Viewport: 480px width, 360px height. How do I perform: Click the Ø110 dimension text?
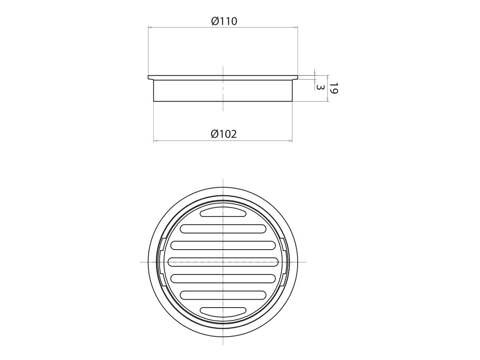coord(224,21)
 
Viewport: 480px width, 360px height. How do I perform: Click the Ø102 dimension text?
coord(224,134)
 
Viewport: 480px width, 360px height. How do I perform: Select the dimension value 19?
coord(334,88)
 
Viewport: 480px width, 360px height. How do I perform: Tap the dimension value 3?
coord(320,87)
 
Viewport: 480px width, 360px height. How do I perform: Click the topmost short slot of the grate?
coord(223,212)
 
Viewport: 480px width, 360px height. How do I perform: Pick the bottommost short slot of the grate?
coord(223,311)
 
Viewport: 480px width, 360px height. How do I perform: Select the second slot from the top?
coord(223,228)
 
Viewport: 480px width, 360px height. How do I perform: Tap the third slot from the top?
coord(223,245)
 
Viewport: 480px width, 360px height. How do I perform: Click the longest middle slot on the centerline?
coord(223,262)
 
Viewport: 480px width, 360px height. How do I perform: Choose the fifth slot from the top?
coord(223,278)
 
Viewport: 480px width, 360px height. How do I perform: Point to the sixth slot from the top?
coord(223,294)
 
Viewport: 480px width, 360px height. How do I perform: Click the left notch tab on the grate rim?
coord(161,262)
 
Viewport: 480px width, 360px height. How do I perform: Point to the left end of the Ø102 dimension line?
coord(154,141)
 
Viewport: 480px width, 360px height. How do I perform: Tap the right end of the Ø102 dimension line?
coord(292,141)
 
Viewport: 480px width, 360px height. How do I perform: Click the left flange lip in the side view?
coord(151,77)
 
